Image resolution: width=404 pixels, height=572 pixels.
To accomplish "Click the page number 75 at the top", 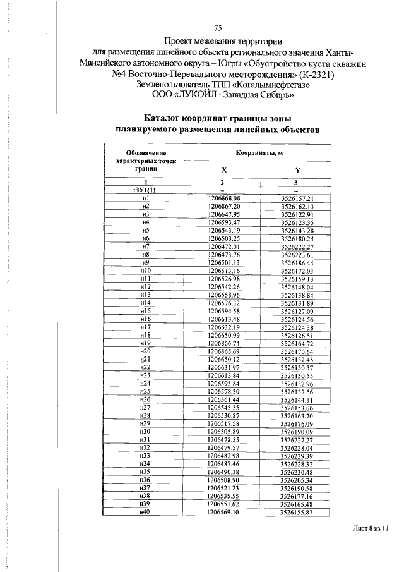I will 218,28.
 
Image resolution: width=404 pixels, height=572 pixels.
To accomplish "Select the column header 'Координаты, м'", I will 258,153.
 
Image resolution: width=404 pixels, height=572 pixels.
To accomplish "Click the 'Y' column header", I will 297,171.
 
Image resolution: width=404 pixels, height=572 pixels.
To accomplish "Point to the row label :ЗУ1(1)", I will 145,190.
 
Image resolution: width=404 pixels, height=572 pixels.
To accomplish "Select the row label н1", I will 145,198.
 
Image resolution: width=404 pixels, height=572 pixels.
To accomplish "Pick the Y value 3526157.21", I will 297,198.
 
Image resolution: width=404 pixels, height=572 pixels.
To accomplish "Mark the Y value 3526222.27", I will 297,246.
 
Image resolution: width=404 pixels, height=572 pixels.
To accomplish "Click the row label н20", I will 145,351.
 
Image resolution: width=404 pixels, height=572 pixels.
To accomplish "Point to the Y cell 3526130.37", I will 297,367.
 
